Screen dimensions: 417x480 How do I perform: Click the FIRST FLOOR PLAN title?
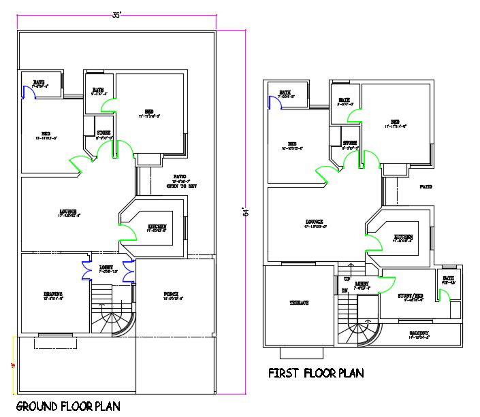tap(315, 373)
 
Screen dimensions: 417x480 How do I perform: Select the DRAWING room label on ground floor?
tap(52, 295)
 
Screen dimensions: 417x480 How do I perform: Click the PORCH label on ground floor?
tap(172, 295)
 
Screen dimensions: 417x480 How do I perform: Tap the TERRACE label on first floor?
tap(298, 303)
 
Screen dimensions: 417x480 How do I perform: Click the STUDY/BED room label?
tap(410, 295)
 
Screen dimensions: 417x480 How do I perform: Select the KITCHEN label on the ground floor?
tap(157, 227)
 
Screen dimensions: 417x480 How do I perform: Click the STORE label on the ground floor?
tap(103, 133)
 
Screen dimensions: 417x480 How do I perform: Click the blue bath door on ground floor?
tap(29, 91)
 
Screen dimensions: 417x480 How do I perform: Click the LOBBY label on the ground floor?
tap(106, 267)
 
